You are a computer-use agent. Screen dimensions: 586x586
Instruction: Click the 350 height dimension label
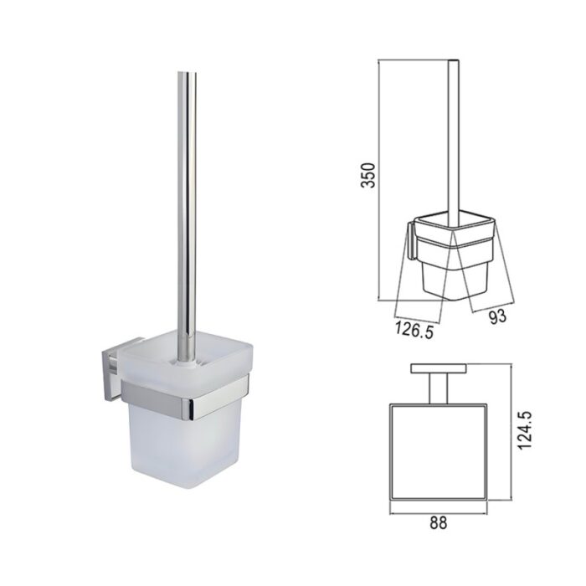[368, 175]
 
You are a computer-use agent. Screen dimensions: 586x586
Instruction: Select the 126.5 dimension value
[414, 330]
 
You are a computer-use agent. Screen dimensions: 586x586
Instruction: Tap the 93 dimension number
[496, 316]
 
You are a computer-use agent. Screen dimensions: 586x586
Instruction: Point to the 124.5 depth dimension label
[525, 430]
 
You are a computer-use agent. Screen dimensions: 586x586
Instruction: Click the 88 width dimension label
[438, 522]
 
